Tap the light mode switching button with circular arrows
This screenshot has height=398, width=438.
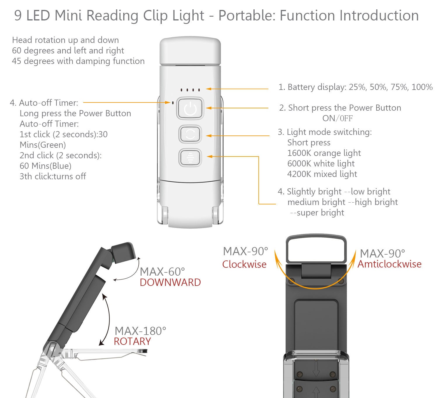pyautogui.click(x=190, y=134)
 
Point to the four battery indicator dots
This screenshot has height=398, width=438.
pyautogui.click(x=190, y=90)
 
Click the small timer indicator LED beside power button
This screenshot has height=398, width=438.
pyautogui.click(x=173, y=103)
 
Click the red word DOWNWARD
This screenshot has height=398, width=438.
pyautogui.click(x=170, y=282)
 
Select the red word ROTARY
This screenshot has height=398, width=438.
pyautogui.click(x=132, y=341)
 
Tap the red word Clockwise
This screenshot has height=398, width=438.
pyautogui.click(x=244, y=264)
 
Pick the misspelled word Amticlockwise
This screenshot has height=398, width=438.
pyautogui.click(x=390, y=264)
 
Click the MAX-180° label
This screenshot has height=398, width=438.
pyautogui.click(x=140, y=331)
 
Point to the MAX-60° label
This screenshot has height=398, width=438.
pyautogui.click(x=162, y=272)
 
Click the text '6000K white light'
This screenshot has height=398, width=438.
pyautogui.click(x=321, y=164)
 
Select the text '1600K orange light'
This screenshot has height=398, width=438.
pyautogui.click(x=324, y=153)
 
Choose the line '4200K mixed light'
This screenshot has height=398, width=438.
pyautogui.click(x=322, y=174)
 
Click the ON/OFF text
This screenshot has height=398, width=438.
pyautogui.click(x=337, y=118)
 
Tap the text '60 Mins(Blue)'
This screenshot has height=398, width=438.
pyautogui.click(x=46, y=166)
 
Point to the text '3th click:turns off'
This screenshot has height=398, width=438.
pyautogui.click(x=53, y=176)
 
